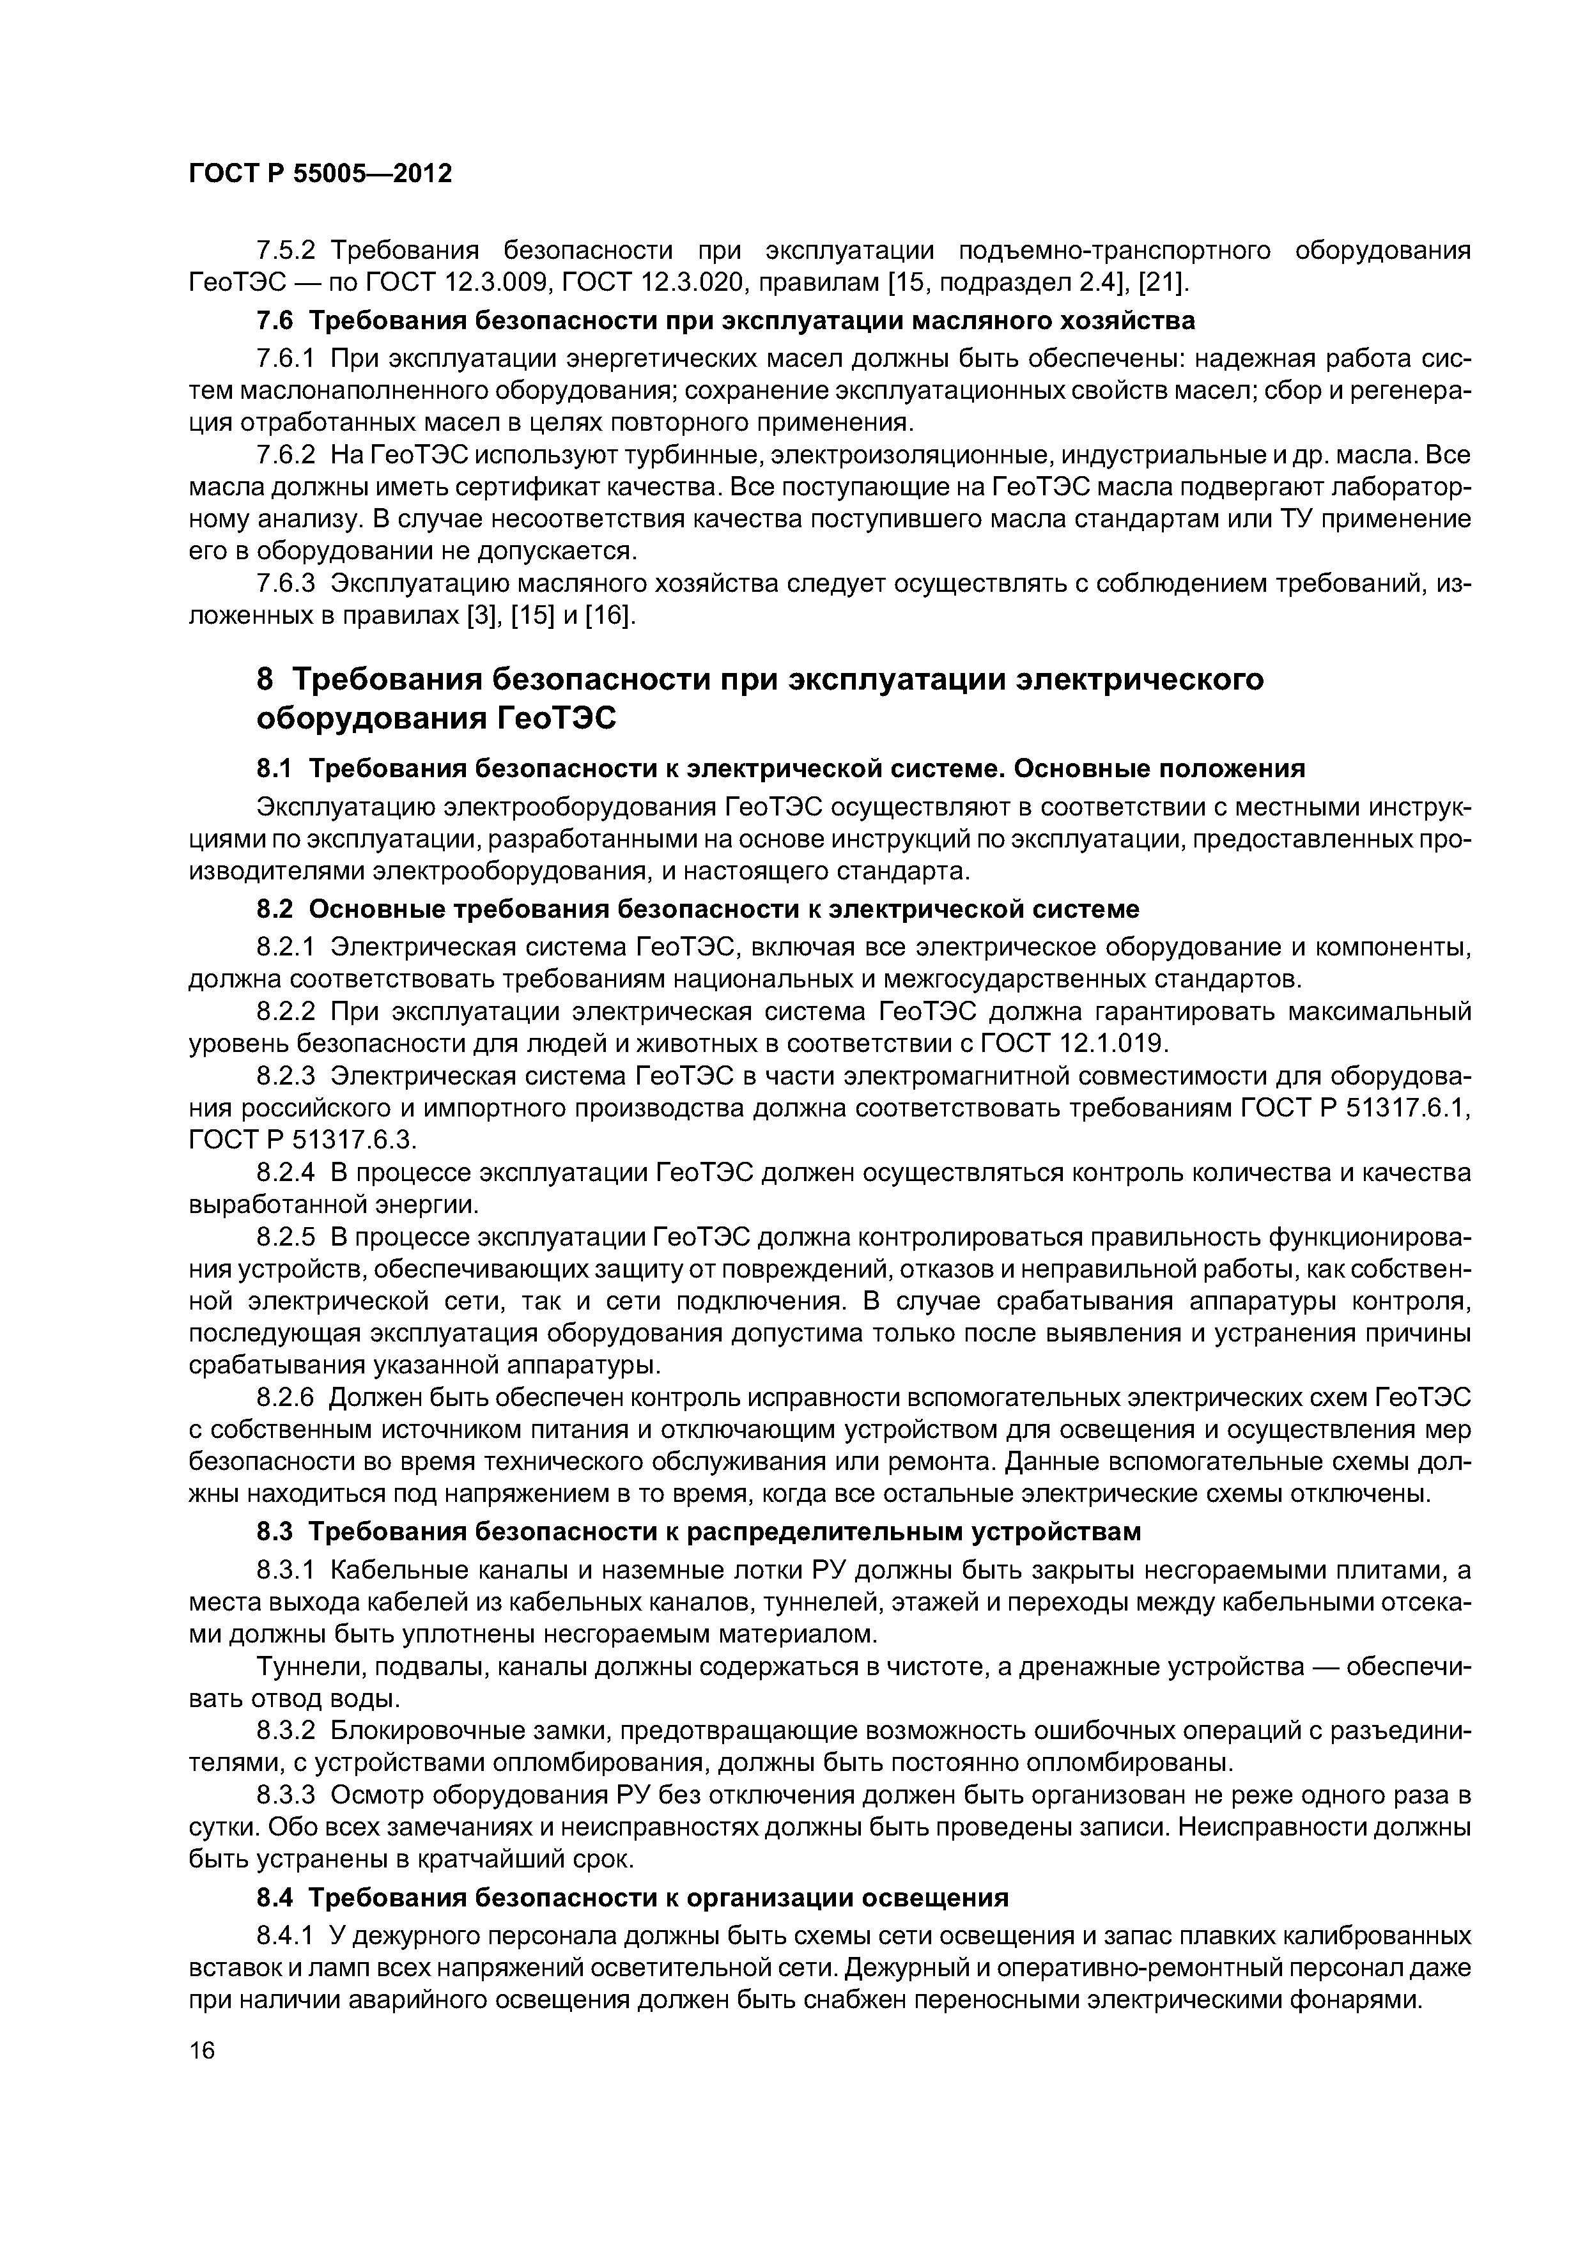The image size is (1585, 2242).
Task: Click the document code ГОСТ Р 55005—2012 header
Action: [x=320, y=174]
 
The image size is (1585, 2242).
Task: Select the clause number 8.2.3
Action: [x=286, y=1076]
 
